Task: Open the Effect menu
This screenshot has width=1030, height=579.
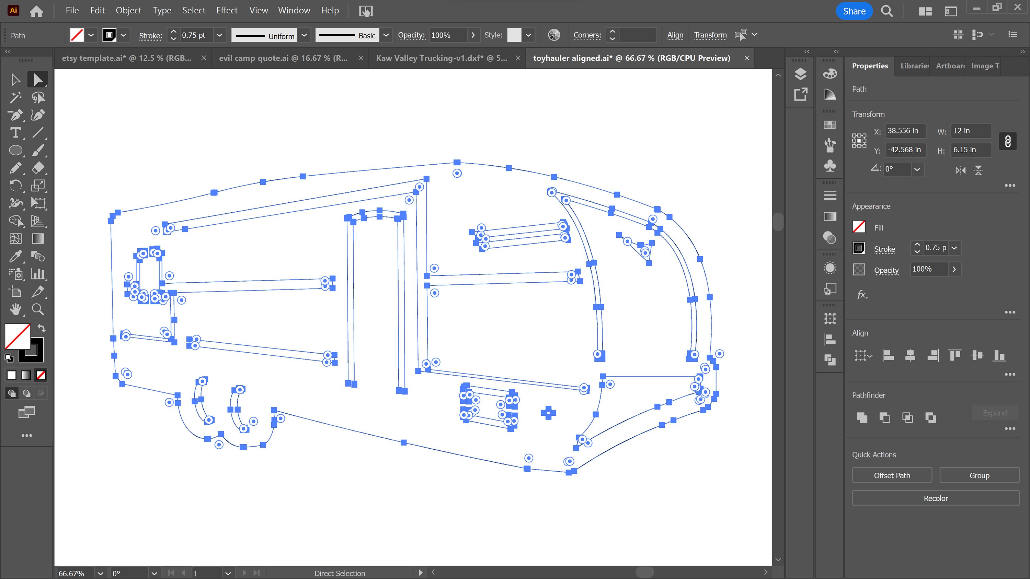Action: coord(227,10)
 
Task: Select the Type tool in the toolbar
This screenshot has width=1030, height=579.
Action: coord(15,133)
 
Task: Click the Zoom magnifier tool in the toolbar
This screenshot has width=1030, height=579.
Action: coord(38,309)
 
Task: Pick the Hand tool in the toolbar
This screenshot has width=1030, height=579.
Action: coord(15,309)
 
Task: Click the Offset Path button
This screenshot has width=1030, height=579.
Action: coord(892,475)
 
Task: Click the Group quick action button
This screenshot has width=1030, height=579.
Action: coord(979,475)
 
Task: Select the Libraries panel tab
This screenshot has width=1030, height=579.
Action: coord(914,66)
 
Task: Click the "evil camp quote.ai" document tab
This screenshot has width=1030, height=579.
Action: coord(283,58)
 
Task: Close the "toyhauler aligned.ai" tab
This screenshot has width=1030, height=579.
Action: coord(746,58)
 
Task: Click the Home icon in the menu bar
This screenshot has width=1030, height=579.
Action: coord(36,11)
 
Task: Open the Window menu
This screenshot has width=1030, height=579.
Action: coord(294,10)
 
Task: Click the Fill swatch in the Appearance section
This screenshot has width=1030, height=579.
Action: coord(859,227)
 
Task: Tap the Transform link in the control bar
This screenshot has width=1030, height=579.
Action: coord(710,35)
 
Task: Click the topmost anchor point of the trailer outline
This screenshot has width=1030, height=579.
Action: coord(457,162)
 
